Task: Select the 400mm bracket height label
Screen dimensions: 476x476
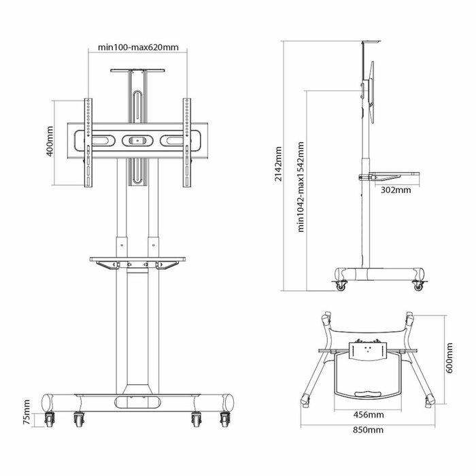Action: coord(50,141)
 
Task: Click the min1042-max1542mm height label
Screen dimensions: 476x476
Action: coord(301,186)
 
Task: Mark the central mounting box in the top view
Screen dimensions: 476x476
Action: coord(367,351)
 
